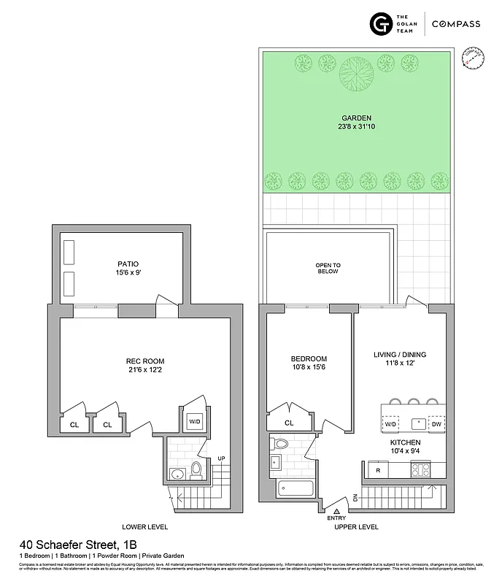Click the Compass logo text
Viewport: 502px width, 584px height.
[x=455, y=24]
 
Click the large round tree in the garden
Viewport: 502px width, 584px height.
[x=357, y=72]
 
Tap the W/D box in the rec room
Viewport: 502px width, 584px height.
[x=195, y=421]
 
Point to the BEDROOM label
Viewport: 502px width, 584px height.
[x=309, y=358]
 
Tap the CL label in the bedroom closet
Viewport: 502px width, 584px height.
[x=289, y=422]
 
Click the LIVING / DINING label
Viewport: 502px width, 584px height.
[x=399, y=355]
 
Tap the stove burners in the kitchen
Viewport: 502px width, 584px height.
[x=421, y=470]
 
